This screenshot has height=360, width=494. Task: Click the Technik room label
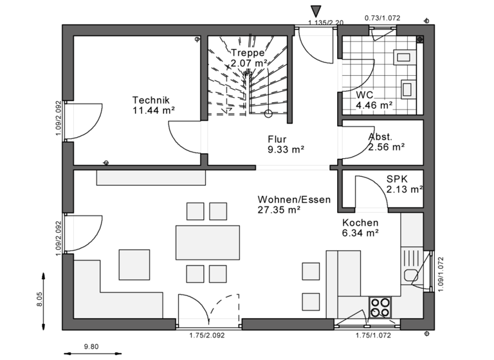(x=151, y=100)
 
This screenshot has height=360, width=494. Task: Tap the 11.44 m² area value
(x=153, y=110)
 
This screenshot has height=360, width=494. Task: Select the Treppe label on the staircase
(x=248, y=53)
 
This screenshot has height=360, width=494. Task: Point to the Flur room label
(x=277, y=139)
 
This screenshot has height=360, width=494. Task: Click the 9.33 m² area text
(x=286, y=149)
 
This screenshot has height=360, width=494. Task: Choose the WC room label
(x=365, y=94)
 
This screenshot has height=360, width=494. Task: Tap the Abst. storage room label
(x=380, y=137)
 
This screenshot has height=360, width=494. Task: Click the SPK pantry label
(x=397, y=179)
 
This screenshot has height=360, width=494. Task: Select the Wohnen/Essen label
(x=294, y=199)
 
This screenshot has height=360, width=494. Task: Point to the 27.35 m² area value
(x=280, y=210)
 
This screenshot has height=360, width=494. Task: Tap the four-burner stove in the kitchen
(x=380, y=307)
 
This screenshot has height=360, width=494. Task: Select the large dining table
(x=207, y=242)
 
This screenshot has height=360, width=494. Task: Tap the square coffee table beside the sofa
(x=134, y=264)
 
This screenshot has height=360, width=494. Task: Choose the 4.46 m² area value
(x=374, y=105)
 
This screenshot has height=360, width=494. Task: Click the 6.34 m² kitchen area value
(x=360, y=233)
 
